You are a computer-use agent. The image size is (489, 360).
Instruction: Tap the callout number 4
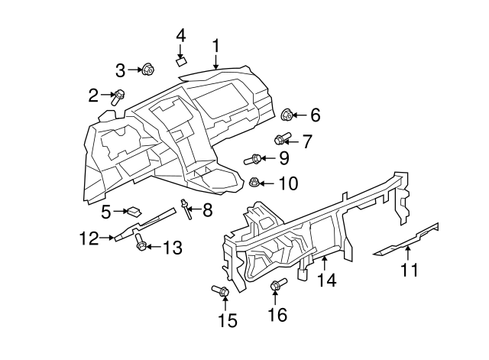(181, 35)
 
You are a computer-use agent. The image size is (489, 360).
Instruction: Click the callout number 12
(89, 238)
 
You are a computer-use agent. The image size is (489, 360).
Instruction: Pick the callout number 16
(277, 313)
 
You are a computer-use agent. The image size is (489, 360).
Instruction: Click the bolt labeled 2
(119, 97)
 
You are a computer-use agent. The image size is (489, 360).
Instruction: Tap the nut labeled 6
(287, 115)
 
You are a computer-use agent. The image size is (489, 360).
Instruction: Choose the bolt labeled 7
(281, 140)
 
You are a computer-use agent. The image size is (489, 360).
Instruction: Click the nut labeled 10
(255, 182)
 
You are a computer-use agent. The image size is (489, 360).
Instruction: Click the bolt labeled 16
(277, 286)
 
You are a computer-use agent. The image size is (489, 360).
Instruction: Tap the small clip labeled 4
(182, 60)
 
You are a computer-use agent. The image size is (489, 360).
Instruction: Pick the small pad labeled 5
(134, 210)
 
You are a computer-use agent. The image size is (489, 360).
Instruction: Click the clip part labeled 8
(185, 208)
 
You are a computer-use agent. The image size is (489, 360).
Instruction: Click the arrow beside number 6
(299, 115)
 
